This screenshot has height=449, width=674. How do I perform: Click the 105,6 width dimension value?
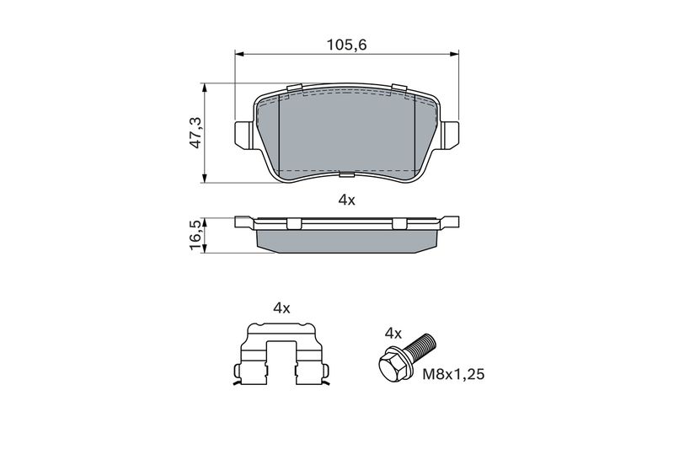346,45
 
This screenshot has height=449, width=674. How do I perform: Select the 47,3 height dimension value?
196,134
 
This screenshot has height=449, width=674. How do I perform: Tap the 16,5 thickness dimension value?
196,235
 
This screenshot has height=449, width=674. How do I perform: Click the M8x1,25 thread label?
453,374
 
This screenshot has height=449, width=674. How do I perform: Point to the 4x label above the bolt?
393,333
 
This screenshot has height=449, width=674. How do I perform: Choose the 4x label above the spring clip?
281,307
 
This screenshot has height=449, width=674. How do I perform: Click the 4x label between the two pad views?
346,200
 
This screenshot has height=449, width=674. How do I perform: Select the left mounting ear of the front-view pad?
243,135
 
